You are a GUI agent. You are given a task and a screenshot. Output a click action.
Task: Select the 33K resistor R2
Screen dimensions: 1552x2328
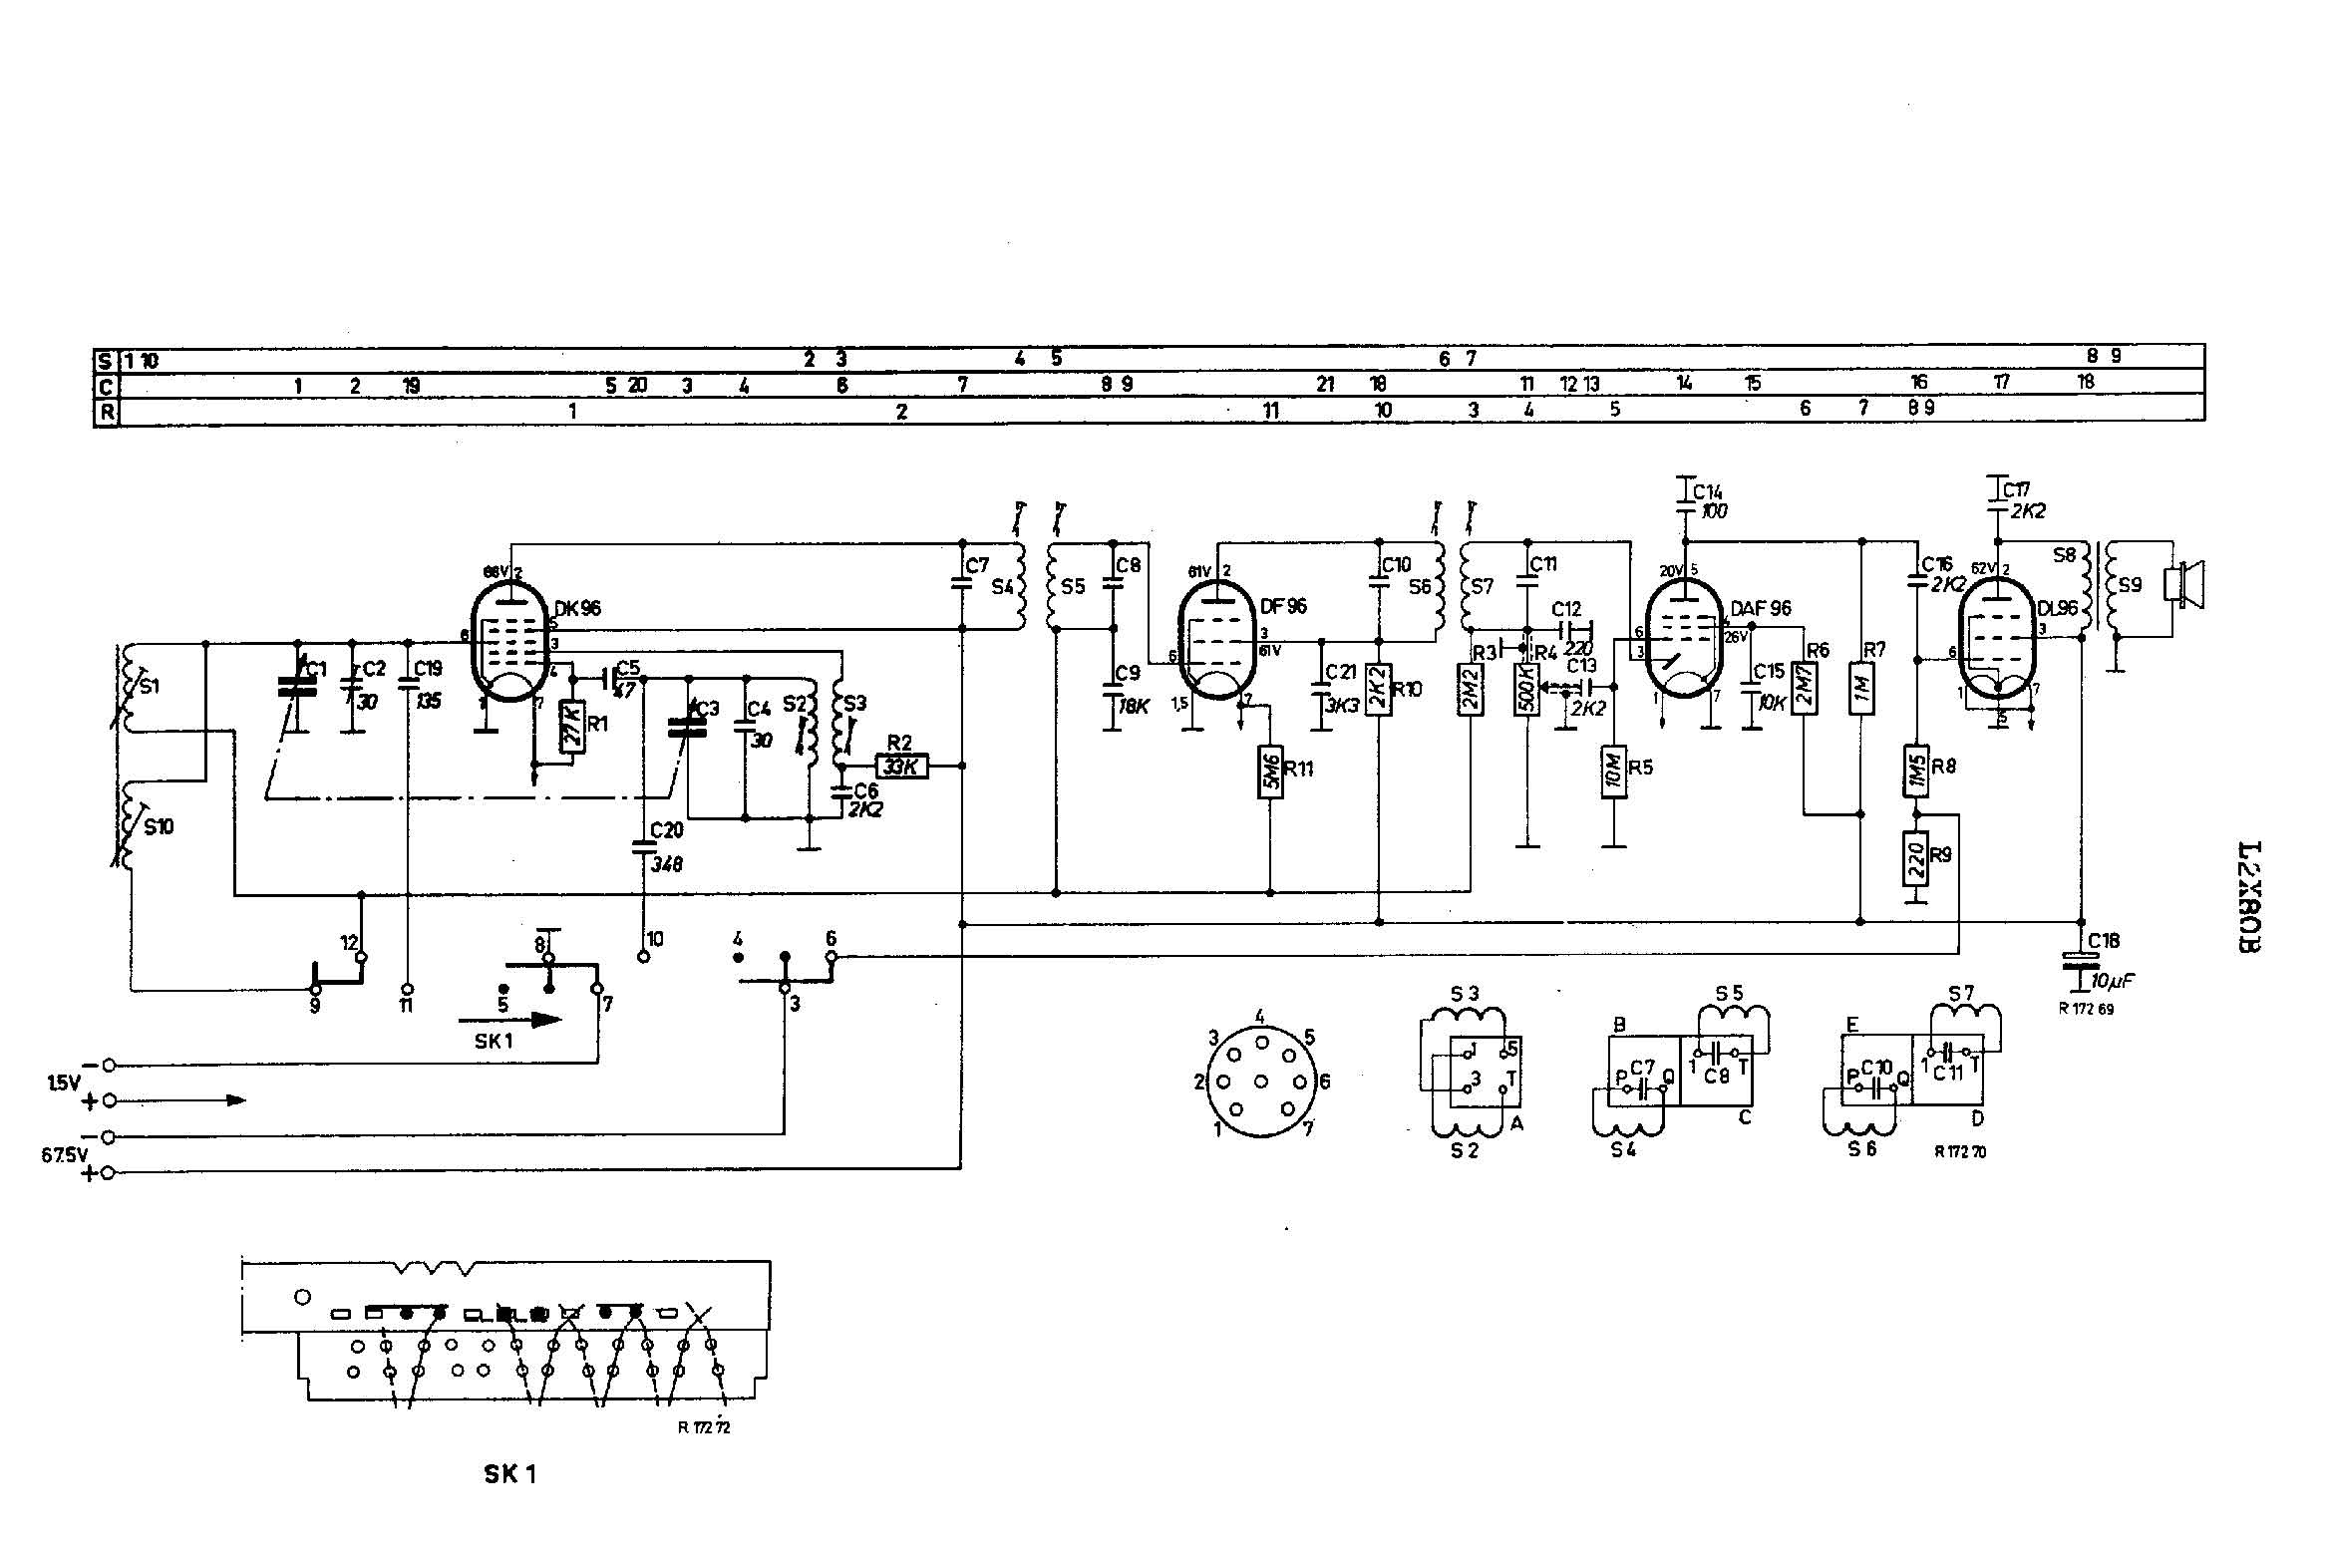(902, 766)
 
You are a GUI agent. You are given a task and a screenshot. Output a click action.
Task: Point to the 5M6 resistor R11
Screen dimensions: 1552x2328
(1269, 772)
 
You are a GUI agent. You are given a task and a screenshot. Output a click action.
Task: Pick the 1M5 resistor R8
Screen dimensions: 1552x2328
(1915, 770)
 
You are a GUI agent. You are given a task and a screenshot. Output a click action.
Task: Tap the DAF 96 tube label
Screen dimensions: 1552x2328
(1761, 608)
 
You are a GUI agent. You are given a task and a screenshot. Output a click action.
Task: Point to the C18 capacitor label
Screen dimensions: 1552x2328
(2104, 940)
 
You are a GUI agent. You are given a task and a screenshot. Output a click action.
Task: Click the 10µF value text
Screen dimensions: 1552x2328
(2112, 981)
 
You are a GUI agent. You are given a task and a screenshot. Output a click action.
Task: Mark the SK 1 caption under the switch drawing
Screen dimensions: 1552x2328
(509, 1474)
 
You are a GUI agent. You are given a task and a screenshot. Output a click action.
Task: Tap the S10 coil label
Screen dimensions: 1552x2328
(159, 826)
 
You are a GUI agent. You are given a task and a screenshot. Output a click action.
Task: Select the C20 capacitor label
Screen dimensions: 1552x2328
(667, 830)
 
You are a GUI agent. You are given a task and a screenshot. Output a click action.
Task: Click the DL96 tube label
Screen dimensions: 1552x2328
(2057, 608)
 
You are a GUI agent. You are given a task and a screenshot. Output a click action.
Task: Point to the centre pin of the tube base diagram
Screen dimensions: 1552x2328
(1261, 1082)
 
